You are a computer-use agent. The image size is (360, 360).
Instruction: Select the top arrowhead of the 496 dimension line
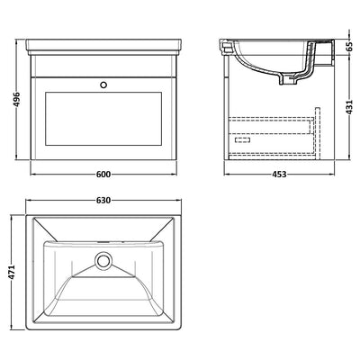20,40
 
